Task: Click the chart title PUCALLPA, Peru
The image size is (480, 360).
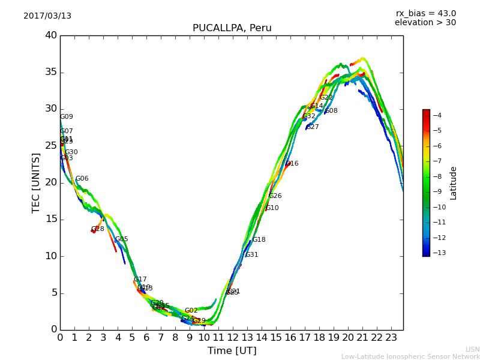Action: coord(232,28)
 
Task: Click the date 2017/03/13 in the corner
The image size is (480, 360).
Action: coord(47,16)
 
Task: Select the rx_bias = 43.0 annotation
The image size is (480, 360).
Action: coord(426,14)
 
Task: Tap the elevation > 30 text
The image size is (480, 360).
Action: coord(425,23)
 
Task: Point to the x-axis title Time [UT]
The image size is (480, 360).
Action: coord(232,351)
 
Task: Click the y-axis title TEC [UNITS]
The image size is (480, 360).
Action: coord(37,182)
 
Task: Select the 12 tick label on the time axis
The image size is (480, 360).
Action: coord(233,338)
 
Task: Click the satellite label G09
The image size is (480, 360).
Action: coord(67,117)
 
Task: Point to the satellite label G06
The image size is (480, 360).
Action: coord(82,179)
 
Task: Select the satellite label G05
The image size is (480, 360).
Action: coord(122,239)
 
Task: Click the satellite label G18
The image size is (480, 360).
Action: coord(259,240)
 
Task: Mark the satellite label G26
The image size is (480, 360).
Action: coord(275,196)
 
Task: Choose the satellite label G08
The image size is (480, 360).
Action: coord(331,111)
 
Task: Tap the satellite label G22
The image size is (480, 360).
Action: coord(326,98)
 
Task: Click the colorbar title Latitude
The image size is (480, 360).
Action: coord(454,183)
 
